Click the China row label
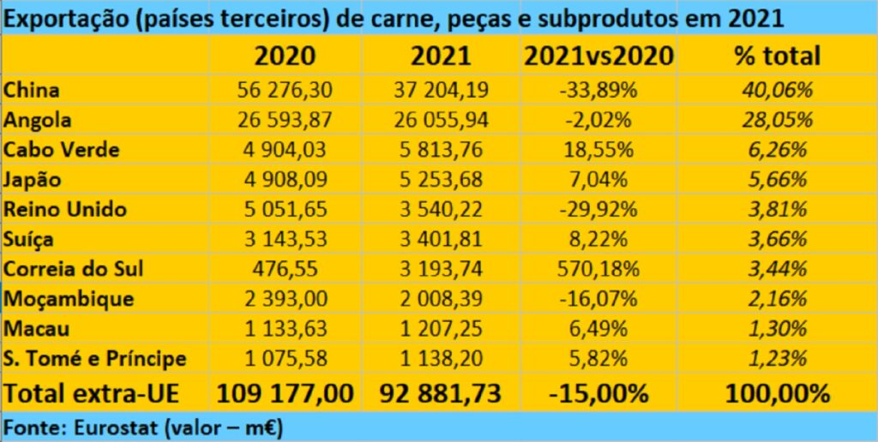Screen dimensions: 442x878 pyautogui.click(x=32, y=90)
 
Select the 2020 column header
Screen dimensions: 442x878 pyautogui.click(x=285, y=56)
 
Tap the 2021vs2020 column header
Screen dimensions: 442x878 pyautogui.click(x=598, y=56)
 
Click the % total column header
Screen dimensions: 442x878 pyautogui.click(x=777, y=56)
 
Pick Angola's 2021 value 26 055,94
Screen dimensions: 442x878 pyautogui.click(x=441, y=120)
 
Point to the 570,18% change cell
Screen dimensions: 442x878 pyautogui.click(x=598, y=268)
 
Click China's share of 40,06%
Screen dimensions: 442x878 pyautogui.click(x=778, y=90)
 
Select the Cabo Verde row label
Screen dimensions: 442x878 pyautogui.click(x=62, y=150)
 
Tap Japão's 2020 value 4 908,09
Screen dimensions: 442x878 pyautogui.click(x=285, y=180)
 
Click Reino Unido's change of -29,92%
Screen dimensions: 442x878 pyautogui.click(x=598, y=209)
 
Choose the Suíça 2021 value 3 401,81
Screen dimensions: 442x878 pyautogui.click(x=441, y=239)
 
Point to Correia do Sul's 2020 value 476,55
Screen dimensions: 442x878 pyautogui.click(x=285, y=268)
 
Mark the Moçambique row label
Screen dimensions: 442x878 pyautogui.click(x=69, y=299)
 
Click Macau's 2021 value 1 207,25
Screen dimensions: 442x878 pyautogui.click(x=441, y=328)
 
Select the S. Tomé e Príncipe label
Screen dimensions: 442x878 pyautogui.click(x=94, y=358)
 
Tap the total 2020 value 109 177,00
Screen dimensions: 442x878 pyautogui.click(x=285, y=393)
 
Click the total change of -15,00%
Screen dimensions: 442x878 pyautogui.click(x=598, y=393)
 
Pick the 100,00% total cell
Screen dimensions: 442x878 pyautogui.click(x=778, y=393)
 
